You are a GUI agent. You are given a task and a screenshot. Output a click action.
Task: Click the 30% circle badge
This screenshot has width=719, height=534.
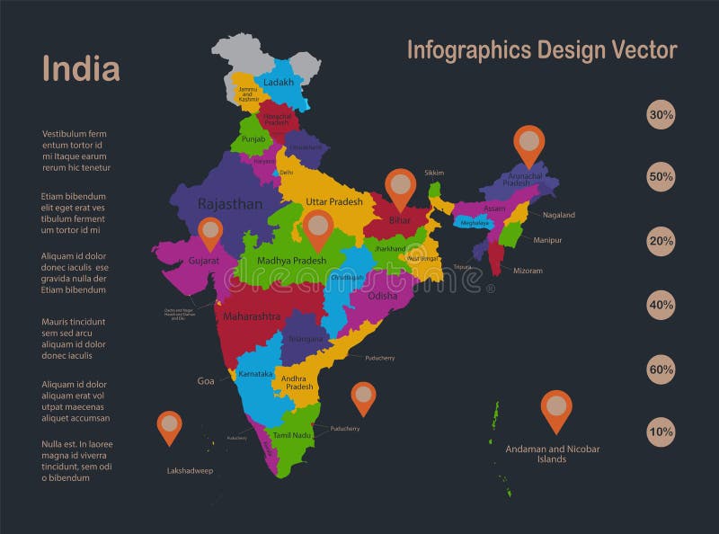[661, 115]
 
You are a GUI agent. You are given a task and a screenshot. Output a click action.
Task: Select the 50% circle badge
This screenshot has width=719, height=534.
[661, 177]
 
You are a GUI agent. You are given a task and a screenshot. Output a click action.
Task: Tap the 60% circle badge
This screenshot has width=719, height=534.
[661, 369]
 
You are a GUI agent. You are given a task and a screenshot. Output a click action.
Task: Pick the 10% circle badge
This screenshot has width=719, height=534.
[661, 432]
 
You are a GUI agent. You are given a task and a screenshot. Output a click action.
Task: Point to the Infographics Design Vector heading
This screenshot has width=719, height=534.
[542, 49]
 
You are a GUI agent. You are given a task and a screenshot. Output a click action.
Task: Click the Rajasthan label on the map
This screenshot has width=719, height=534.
[230, 204]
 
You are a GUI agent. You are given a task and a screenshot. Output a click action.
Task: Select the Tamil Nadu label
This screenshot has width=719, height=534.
[292, 435]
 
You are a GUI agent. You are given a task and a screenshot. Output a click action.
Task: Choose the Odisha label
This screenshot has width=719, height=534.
[382, 296]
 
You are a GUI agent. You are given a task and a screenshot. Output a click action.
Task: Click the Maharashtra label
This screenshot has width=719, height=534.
[252, 316]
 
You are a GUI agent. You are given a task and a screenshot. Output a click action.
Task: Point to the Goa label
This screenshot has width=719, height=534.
[206, 381]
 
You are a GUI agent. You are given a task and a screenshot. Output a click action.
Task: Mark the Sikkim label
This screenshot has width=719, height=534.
[434, 173]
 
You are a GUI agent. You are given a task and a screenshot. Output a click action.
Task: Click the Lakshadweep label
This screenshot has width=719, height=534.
[189, 470]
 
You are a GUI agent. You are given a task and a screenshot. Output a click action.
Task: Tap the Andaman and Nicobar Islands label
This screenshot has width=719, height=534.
[552, 454]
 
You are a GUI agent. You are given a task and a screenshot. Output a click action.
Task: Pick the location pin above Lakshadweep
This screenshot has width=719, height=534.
[169, 425]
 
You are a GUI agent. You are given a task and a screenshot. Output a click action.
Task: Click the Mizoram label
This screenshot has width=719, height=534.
[528, 271]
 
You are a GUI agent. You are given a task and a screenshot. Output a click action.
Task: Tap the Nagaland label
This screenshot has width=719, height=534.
[559, 215]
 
